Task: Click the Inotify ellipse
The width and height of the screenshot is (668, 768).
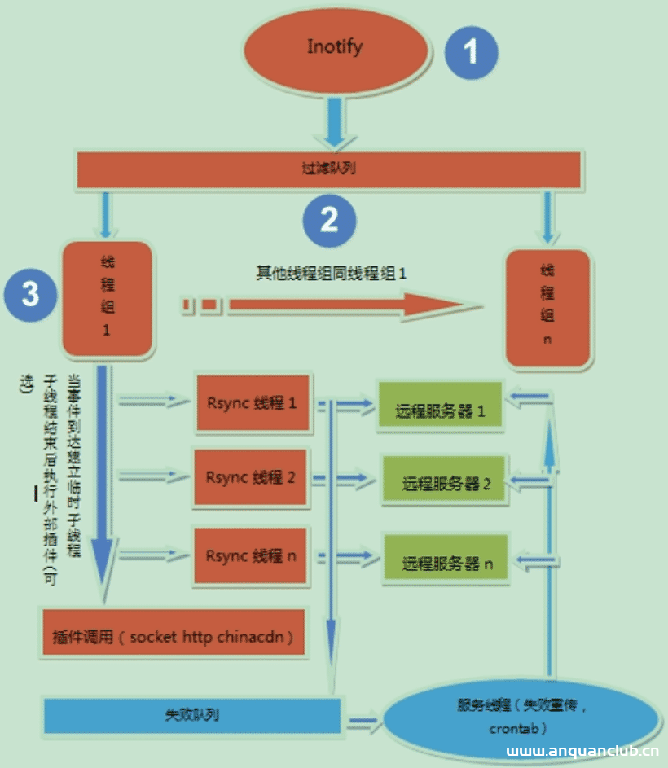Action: pos(334,49)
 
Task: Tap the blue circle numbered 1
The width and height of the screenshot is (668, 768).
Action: pos(472,52)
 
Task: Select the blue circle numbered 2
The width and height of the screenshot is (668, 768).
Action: pos(329,219)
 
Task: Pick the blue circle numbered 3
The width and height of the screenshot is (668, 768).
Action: pos(30,293)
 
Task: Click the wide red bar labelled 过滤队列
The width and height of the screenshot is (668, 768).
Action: pos(328,169)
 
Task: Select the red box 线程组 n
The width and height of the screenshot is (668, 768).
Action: pos(547,307)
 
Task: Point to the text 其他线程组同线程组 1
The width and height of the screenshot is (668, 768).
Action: pos(331,274)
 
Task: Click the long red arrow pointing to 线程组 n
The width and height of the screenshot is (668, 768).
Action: pos(342,305)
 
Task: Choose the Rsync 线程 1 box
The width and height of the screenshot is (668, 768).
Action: pos(253,402)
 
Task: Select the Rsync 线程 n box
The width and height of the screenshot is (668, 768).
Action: pos(251,555)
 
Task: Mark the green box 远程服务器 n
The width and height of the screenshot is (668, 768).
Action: pos(446,562)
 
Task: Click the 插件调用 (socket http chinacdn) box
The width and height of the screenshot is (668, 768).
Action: pos(172,635)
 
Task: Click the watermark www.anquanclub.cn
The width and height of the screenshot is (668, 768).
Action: pos(582,753)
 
